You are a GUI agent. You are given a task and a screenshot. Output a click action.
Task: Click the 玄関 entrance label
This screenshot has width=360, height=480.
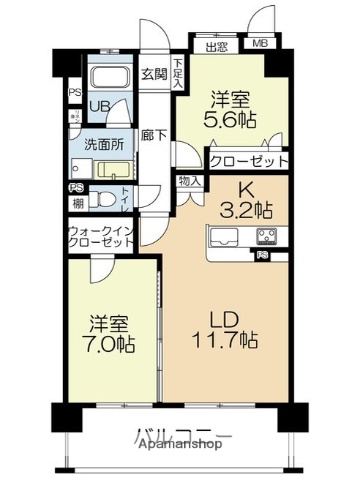click(x=153, y=73)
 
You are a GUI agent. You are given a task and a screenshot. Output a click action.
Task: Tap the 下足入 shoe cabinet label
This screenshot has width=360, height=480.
click(x=178, y=75)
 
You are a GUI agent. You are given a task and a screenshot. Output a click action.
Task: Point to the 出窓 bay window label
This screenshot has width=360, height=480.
click(x=217, y=44)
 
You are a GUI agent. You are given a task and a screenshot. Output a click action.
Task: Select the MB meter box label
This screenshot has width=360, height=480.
click(x=258, y=44)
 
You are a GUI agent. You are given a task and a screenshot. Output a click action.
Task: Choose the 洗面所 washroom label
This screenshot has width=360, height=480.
click(x=102, y=143)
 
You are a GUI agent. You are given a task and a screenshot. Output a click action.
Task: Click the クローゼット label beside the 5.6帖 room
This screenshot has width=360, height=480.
click(x=248, y=161)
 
